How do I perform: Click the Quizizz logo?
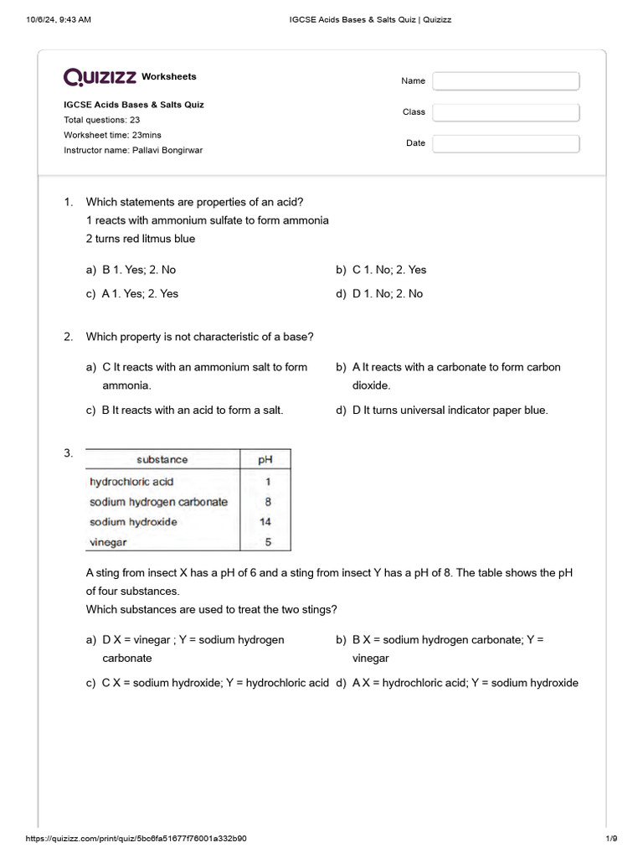100,77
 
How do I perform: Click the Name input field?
506,81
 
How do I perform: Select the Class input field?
506,112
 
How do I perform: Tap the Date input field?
506,143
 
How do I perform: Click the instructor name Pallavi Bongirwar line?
133,150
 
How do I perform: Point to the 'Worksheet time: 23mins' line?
113,135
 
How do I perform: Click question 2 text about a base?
200,337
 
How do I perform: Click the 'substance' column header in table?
162,459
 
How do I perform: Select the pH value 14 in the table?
265,522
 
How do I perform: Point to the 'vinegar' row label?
108,542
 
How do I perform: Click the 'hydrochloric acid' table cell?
131,482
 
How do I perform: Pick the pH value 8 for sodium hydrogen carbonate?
267,502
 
